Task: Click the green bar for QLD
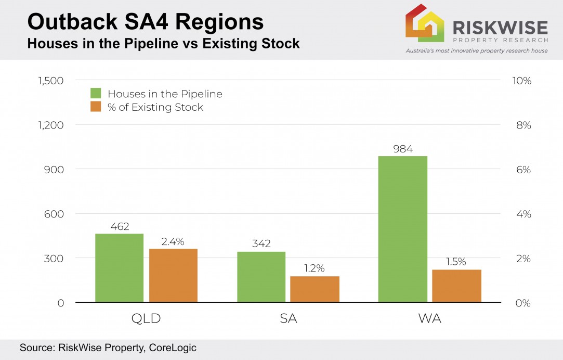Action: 119,268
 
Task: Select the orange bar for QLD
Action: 173,275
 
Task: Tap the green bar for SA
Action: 261,277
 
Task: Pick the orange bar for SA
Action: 315,289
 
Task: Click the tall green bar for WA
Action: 402,229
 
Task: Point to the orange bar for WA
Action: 456,286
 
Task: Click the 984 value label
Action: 403,149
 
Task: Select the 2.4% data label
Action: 173,241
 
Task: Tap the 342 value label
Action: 261,244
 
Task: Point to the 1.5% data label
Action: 456,262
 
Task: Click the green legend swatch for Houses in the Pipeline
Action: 96,94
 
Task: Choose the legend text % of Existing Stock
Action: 155,108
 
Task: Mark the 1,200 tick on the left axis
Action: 50,125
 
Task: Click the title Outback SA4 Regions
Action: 145,22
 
